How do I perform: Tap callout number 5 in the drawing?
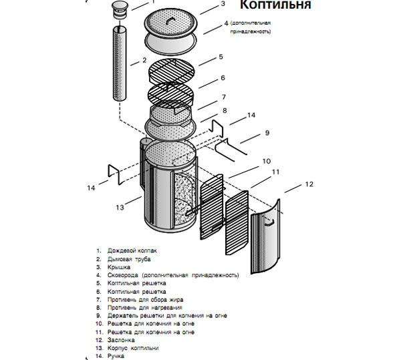tap(221, 57)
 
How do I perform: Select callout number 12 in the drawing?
tap(308, 183)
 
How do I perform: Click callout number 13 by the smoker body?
tap(120, 207)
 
